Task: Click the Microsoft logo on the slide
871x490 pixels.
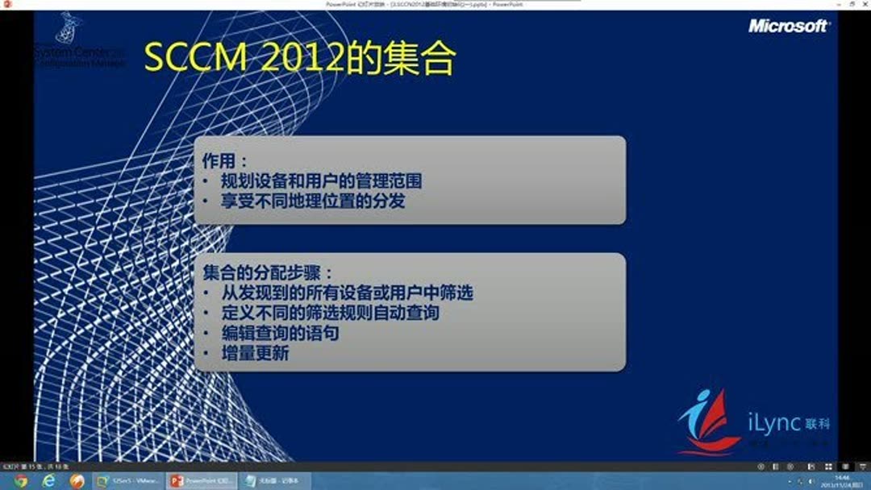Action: (787, 26)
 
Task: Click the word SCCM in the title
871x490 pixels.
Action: (193, 59)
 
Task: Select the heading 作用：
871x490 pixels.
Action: (225, 160)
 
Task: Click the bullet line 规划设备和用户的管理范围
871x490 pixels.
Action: (321, 181)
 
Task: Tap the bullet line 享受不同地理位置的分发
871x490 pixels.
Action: (313, 201)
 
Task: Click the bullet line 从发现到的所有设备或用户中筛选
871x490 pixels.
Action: (347, 293)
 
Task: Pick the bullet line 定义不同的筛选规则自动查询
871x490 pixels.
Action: (330, 313)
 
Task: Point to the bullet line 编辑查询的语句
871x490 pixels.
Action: (280, 333)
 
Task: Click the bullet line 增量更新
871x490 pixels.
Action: (255, 353)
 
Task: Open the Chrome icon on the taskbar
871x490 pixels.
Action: (21, 481)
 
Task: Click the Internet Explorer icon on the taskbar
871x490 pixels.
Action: (48, 481)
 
